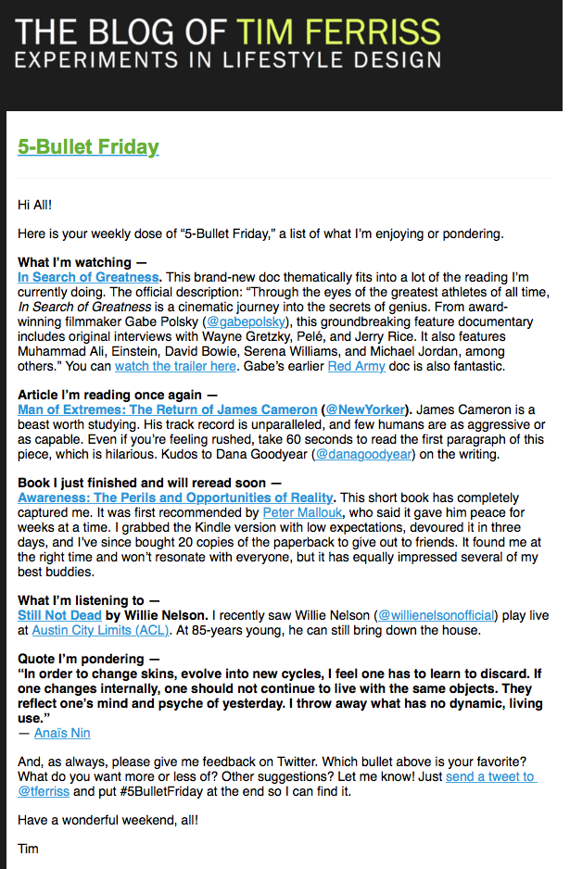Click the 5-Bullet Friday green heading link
(88, 146)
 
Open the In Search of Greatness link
(88, 277)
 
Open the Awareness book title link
(175, 497)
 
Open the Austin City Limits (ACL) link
(100, 630)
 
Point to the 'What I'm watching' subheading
(75, 262)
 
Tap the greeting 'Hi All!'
(36, 203)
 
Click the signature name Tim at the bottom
(29, 848)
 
